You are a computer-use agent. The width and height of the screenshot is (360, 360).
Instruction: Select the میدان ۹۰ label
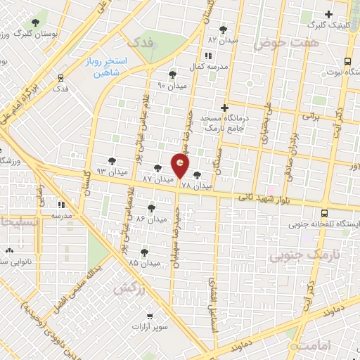coord(172,85)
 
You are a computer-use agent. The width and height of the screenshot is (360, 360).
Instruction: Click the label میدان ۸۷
coord(157,179)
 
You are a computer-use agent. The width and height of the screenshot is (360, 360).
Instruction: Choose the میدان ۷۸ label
coord(196,186)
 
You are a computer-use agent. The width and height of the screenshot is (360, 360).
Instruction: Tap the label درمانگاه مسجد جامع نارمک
coord(224,124)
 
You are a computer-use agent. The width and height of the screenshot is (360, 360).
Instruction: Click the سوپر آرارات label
coord(150,328)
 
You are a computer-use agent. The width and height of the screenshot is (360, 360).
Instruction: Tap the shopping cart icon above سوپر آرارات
coord(150,317)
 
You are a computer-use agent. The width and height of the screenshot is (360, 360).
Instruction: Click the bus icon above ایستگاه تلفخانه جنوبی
coord(324,213)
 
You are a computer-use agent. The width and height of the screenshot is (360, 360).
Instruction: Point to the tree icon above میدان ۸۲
coord(224,30)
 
